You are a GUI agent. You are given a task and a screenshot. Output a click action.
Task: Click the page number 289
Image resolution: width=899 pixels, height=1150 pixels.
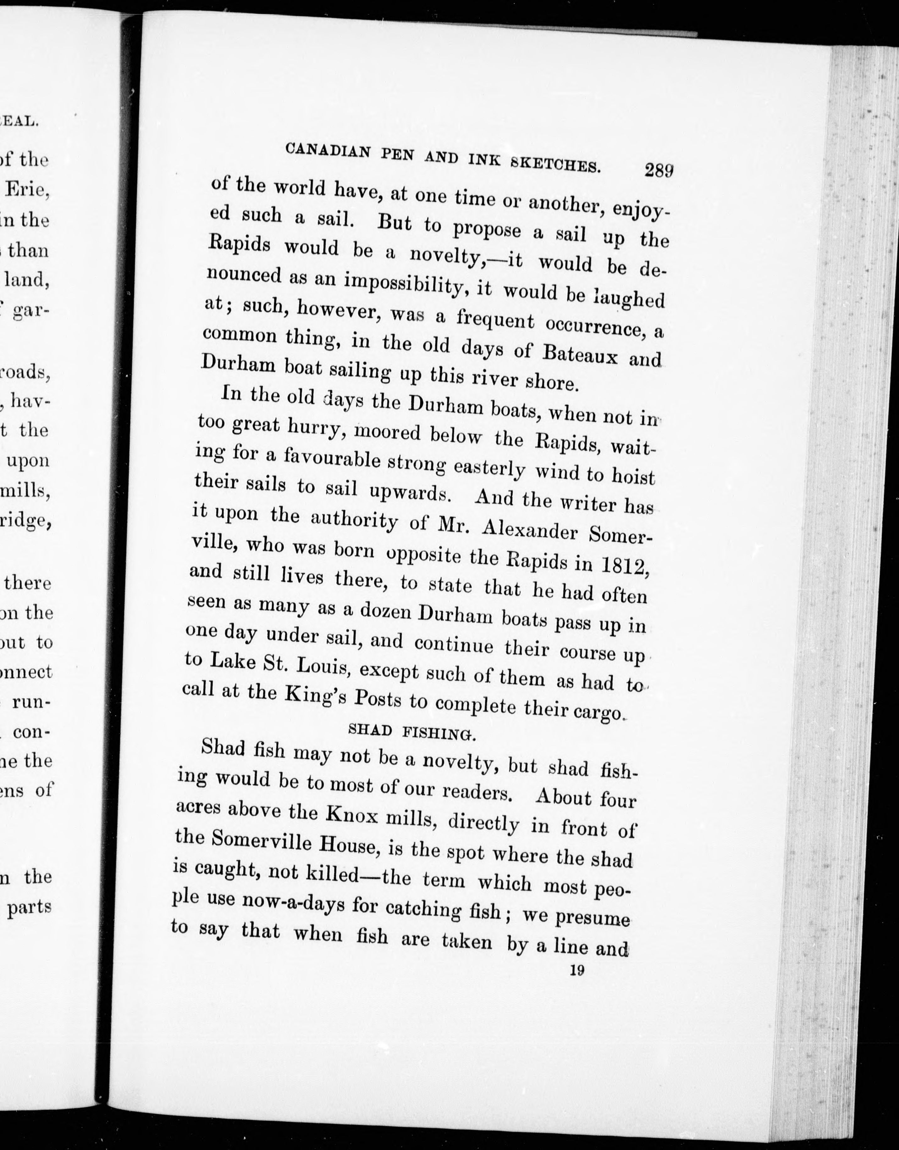tap(657, 170)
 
